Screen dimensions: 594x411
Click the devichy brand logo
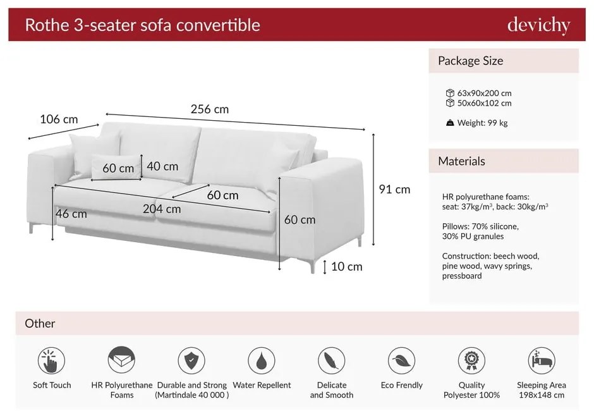pos(538,25)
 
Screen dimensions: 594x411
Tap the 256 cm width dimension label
pos(210,109)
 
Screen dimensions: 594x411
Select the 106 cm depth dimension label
pos(59,119)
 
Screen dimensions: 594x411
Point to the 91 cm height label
pos(394,189)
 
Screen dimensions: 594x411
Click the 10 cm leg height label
pos(347,267)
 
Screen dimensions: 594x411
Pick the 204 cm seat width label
pos(162,209)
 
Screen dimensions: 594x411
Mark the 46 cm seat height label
pos(71,214)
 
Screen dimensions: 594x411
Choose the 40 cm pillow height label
pos(162,166)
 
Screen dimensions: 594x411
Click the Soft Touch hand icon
pos(52,360)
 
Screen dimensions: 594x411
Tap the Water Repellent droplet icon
pos(262,360)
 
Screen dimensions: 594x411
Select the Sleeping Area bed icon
pos(542,360)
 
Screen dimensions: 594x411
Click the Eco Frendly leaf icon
pos(401,360)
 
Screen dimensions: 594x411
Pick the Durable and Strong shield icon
pos(191,360)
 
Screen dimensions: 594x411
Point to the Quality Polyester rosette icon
pos(471,360)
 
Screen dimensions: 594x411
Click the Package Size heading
pos(471,61)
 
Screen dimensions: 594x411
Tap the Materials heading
pos(461,161)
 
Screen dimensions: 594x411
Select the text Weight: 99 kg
pos(482,123)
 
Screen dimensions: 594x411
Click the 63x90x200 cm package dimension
pos(484,94)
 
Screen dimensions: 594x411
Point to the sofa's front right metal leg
pos(313,267)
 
